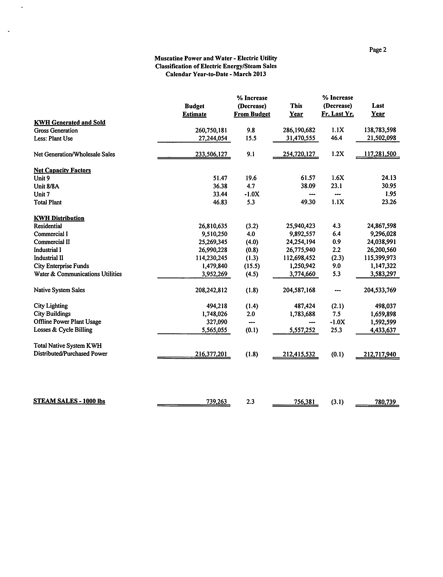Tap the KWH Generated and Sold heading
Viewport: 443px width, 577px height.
tap(70, 123)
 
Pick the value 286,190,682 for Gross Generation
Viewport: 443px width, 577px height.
tap(299, 130)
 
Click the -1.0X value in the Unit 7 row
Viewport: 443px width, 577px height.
tap(252, 194)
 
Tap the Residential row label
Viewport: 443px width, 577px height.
tap(48, 226)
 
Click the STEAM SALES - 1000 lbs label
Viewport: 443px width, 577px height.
tap(69, 401)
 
